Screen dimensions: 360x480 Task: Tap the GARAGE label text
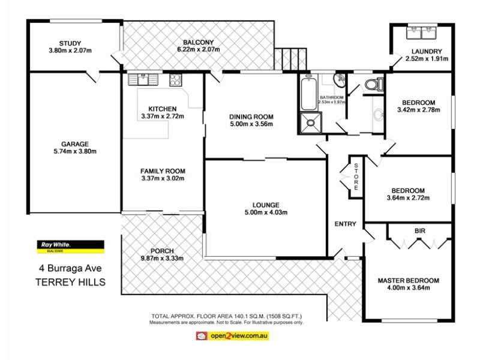click(74, 144)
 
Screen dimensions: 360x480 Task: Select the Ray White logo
click(71, 245)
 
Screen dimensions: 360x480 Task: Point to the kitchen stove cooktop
click(175, 79)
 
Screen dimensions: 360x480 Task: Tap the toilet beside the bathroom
click(373, 84)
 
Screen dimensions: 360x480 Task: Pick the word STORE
click(356, 177)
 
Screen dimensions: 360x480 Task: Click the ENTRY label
click(345, 224)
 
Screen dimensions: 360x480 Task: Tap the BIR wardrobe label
click(419, 230)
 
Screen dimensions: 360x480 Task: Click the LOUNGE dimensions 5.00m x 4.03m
click(266, 212)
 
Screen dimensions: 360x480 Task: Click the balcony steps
click(286, 58)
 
